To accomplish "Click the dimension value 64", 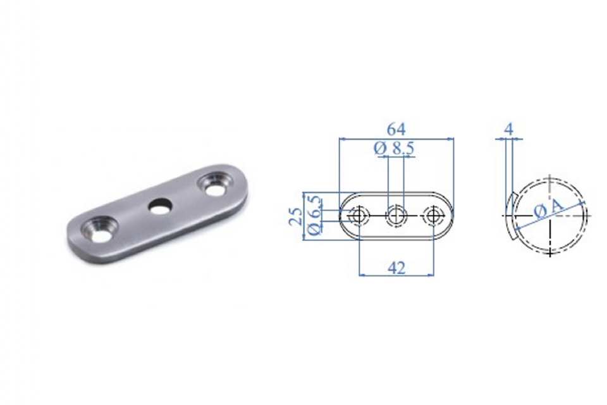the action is click(396, 129).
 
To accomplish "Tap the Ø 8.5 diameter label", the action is click(394, 148).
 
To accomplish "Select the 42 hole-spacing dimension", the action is click(396, 268).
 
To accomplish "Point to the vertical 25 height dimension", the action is click(296, 216).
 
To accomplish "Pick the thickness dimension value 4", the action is click(509, 129).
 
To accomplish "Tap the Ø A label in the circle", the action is click(548, 209).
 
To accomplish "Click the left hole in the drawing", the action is click(359, 216).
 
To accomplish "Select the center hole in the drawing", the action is click(396, 216).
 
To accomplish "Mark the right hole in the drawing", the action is click(433, 216).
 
